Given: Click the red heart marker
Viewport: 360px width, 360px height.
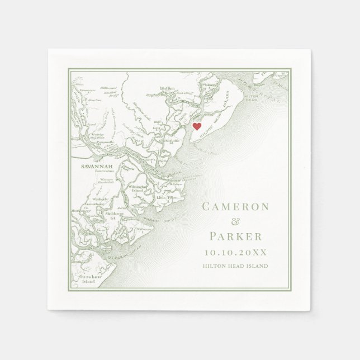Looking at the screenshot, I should (197, 126).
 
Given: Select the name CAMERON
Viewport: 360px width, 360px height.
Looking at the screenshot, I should (235, 206).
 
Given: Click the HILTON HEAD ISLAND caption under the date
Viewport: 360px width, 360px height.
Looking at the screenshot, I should (235, 266).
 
